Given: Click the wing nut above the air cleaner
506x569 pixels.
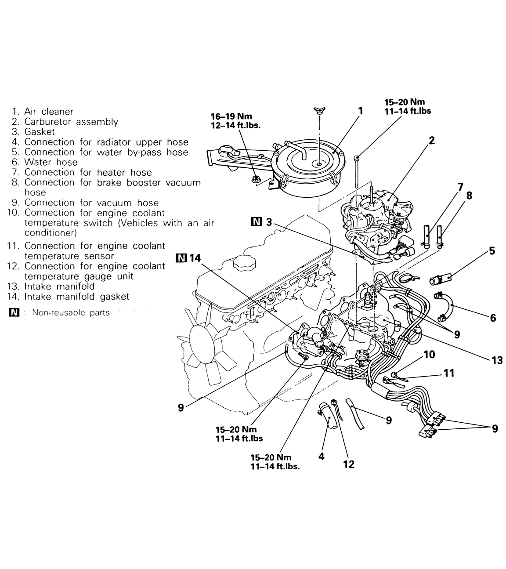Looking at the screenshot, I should pos(319,110).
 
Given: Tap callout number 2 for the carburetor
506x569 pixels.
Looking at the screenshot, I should pos(431,141).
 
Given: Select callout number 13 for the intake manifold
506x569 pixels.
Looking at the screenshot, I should pos(497,360).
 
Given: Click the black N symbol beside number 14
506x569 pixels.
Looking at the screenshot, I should pos(180,258).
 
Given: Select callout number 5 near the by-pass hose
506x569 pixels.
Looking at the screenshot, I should pos(492,250).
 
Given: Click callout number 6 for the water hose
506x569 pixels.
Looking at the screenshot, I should pos(492,317).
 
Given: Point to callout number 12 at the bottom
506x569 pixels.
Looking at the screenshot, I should pos(348,464).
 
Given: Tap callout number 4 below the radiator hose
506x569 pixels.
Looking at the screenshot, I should pos(321,456).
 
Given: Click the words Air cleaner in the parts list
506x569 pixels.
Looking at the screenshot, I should pos(49,112).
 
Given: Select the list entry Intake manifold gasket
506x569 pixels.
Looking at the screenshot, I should pos(77,297).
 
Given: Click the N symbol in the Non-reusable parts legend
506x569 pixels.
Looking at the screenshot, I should pos(14,313).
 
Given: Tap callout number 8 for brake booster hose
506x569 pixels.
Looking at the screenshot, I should pos(469,195).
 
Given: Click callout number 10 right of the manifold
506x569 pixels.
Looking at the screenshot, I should pos(429,354).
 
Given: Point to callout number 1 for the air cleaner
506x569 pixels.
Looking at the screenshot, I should pos(361,111).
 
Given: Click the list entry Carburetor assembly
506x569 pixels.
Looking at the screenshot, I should pos(71,122).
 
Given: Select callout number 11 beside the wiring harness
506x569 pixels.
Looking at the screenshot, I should pos(448,373).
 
